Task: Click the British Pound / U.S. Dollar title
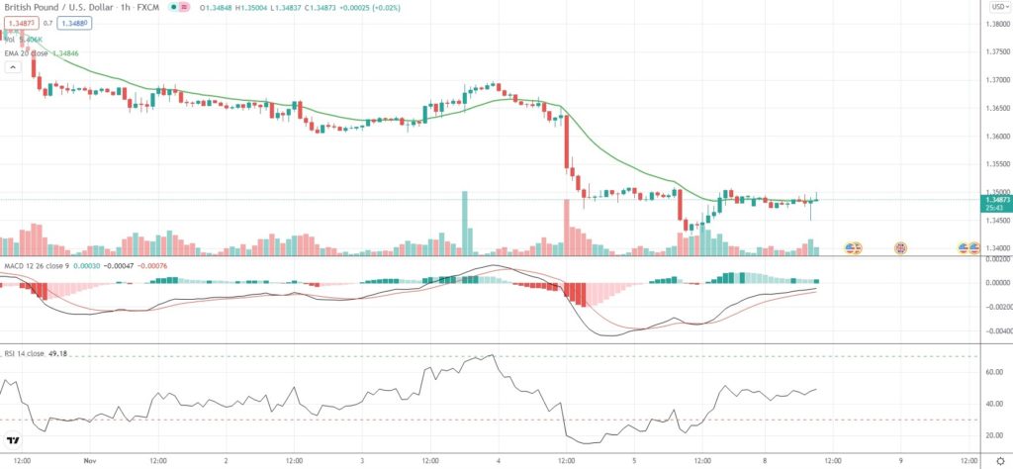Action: click(59, 6)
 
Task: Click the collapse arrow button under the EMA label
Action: click(13, 67)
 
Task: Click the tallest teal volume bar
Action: click(463, 223)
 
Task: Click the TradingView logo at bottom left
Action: click(14, 441)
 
